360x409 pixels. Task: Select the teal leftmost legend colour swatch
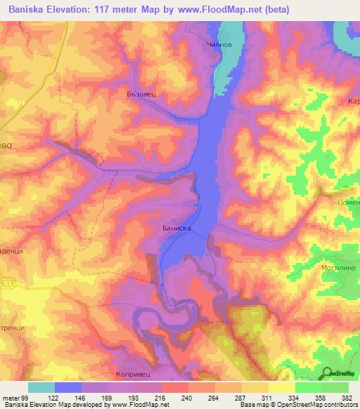(41, 387)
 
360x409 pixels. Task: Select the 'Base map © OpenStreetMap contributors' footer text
(298, 405)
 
